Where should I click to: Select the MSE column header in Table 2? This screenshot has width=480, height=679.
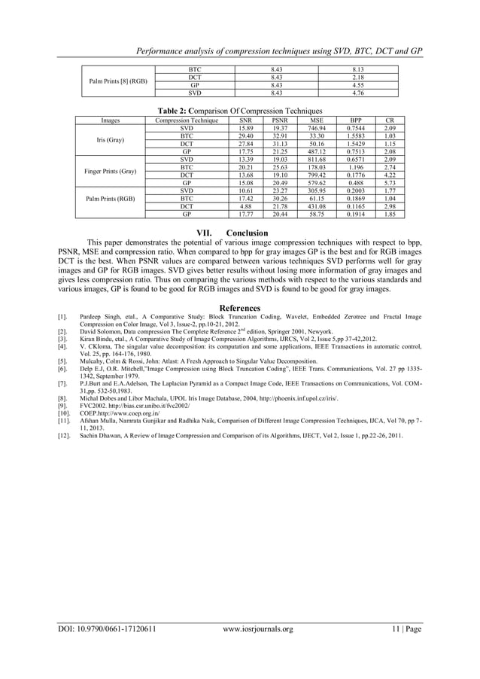[x=316, y=120]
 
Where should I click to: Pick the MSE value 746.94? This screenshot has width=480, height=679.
[x=316, y=129]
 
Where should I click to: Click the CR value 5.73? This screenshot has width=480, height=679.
[x=389, y=182]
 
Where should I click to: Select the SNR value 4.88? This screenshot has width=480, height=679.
[x=245, y=206]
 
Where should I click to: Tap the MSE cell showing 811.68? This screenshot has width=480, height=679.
[x=316, y=160]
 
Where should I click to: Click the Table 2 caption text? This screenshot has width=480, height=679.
[x=239, y=109]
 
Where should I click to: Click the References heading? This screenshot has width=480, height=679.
[x=239, y=308]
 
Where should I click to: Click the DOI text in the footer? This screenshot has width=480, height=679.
[x=108, y=627]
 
